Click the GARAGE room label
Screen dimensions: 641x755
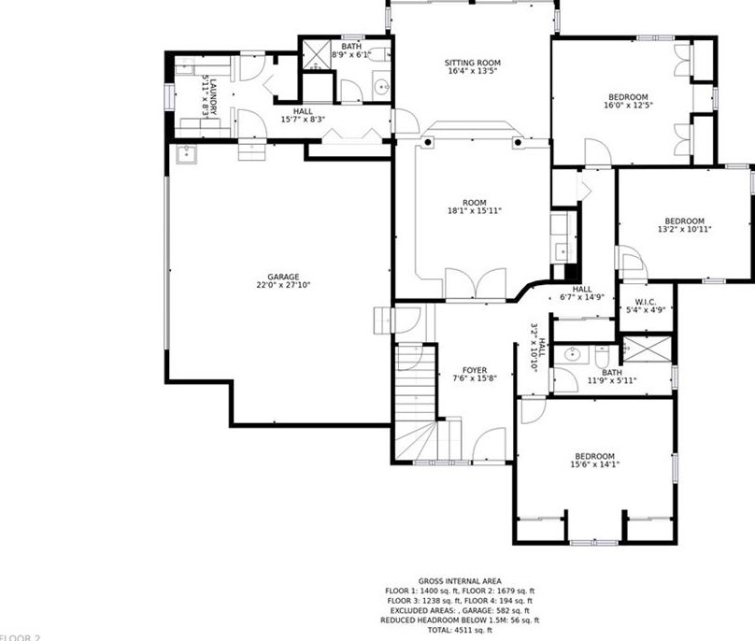(283, 277)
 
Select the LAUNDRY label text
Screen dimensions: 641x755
(212, 96)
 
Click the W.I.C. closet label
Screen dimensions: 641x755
(644, 301)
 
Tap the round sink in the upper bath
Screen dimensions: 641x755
(381, 89)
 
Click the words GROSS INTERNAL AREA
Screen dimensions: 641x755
(461, 581)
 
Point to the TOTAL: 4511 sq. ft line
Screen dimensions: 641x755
(461, 631)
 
